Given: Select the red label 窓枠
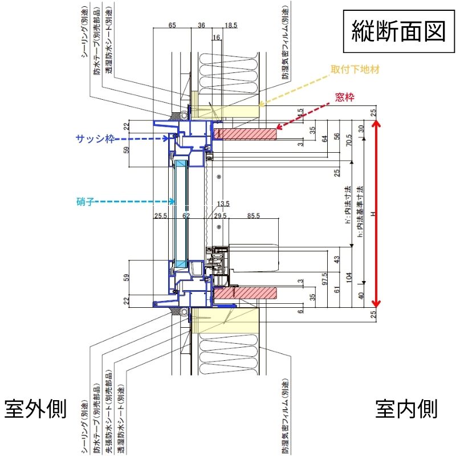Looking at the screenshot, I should tap(345, 97).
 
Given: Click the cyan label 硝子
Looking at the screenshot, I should tap(85, 201).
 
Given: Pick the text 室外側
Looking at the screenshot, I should tap(36, 409).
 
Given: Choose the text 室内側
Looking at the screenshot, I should tap(406, 409).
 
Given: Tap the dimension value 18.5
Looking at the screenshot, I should tap(231, 26).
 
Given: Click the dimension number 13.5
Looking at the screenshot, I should tap(223, 203).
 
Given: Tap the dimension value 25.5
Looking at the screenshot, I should tap(161, 216).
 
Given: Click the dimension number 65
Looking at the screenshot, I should tap(173, 26).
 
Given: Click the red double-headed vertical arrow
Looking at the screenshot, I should tap(375, 214).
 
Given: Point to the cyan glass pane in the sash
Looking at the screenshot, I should tap(181, 214).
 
